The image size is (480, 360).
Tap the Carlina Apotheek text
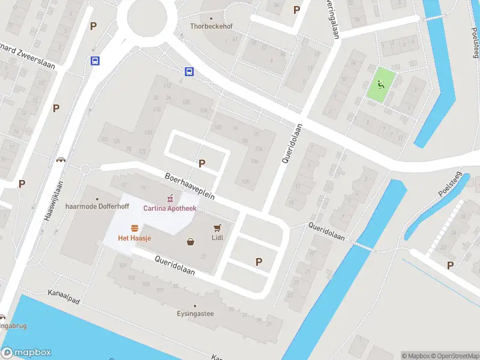pos(169,208)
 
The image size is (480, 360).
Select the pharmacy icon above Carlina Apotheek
pos(170,197)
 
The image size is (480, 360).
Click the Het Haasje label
pos(134,238)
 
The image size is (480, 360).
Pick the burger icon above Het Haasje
pos(136,227)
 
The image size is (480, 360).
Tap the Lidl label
pos(217,238)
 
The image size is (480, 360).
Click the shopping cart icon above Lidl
pos(217,227)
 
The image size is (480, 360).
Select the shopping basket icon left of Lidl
pos(191,242)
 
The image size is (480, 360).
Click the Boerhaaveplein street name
pos(190,187)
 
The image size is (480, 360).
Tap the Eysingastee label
pos(195,313)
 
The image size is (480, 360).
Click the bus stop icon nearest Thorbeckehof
pos(189,72)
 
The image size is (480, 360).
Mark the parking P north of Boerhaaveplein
pos(202,163)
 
